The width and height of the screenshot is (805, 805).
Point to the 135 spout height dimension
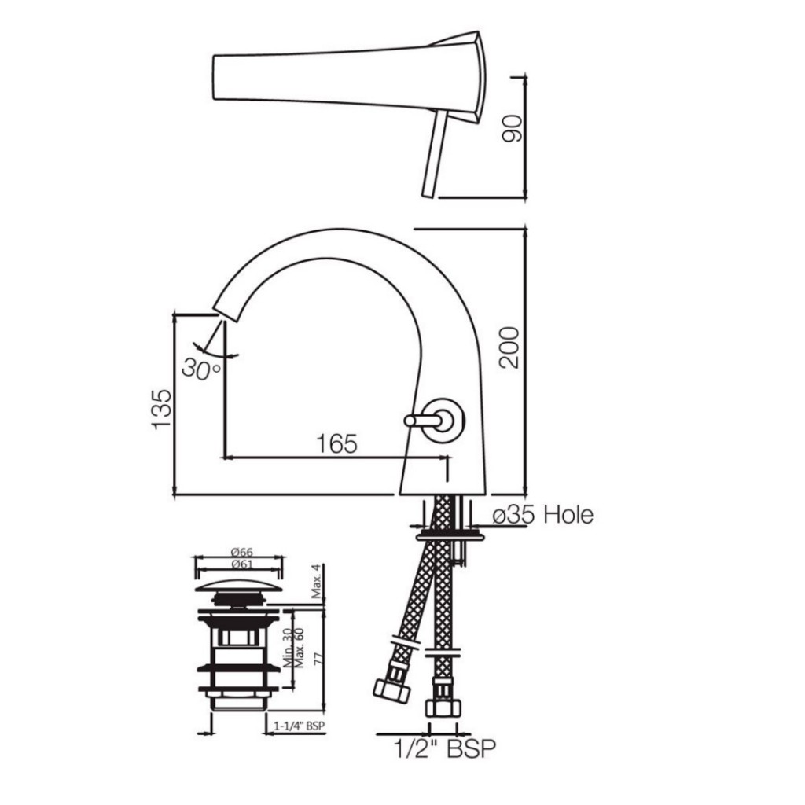[x=162, y=407]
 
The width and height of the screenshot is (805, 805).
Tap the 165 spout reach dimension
[x=336, y=443]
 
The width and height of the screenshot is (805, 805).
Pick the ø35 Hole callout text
[x=542, y=516]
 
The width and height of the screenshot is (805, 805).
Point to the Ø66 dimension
[x=237, y=553]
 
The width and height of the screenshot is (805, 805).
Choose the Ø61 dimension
[x=237, y=565]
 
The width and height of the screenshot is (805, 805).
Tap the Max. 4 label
[x=316, y=583]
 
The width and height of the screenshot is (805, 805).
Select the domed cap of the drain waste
[x=238, y=586]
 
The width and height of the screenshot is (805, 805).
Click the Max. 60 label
[x=300, y=647]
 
